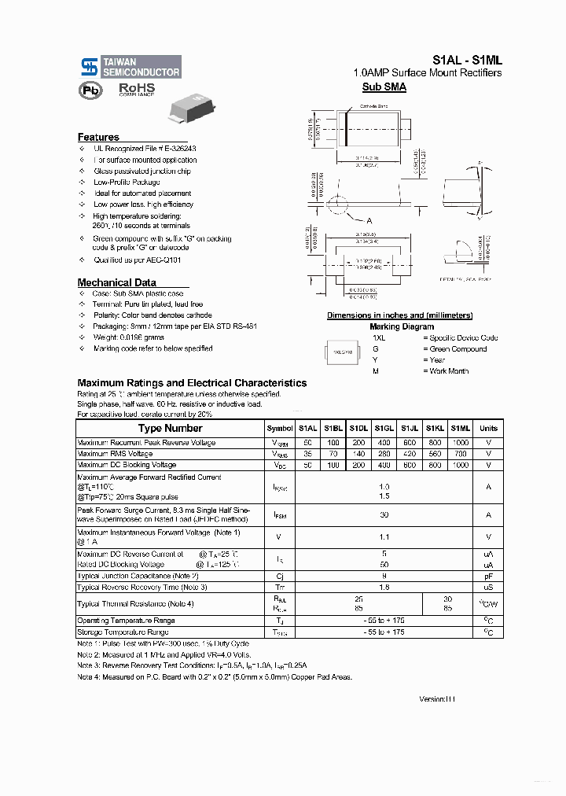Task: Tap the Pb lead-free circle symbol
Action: pyautogui.click(x=90, y=90)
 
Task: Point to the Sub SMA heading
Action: pyautogui.click(x=384, y=87)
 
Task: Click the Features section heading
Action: pyautogui.click(x=98, y=137)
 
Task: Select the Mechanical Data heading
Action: pyautogui.click(x=116, y=282)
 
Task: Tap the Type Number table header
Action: pyautogui.click(x=170, y=428)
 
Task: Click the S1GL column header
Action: pyautogui.click(x=384, y=428)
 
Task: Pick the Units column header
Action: pyautogui.click(x=488, y=428)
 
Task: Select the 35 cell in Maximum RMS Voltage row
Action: pyautogui.click(x=307, y=454)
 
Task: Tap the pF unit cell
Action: pyautogui.click(x=488, y=576)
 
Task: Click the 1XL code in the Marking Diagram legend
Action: pyautogui.click(x=379, y=337)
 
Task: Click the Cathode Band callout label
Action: pyautogui.click(x=374, y=105)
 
